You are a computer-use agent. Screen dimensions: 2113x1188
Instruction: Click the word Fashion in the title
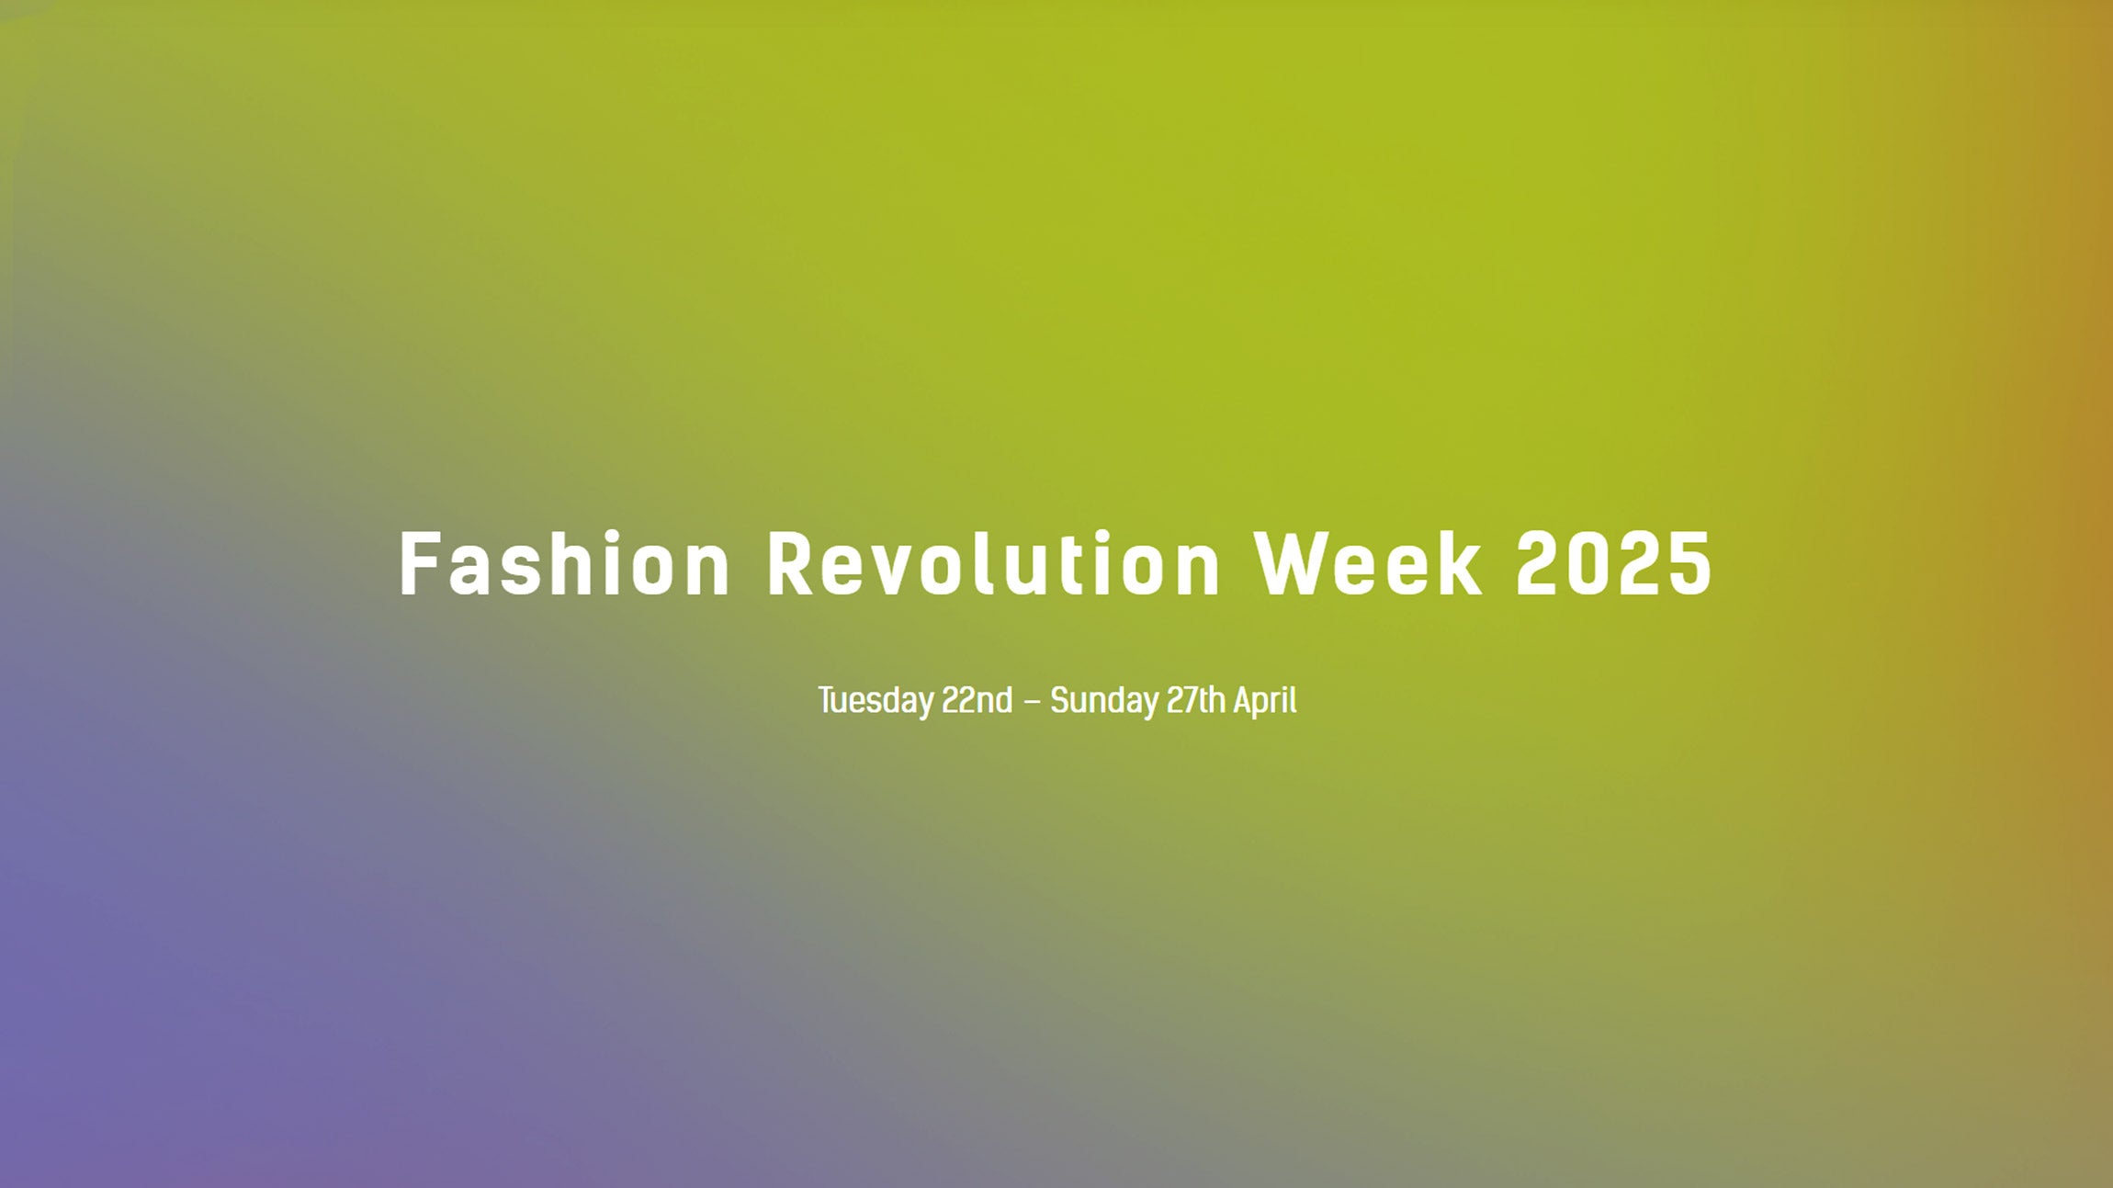coord(564,564)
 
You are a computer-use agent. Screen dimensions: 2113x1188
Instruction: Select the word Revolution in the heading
coord(993,564)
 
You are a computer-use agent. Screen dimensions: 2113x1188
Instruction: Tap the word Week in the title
coord(1369,564)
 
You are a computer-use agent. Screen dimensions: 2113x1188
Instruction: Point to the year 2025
coord(1613,564)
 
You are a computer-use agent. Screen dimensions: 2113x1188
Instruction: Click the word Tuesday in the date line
coord(876,701)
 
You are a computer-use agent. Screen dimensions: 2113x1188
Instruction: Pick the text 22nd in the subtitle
coord(977,700)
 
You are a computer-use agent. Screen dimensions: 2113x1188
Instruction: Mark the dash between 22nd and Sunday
coord(1032,702)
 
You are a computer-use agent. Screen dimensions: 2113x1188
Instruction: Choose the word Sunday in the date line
coord(1104,701)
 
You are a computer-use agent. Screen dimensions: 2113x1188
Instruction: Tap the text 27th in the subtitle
coord(1196,700)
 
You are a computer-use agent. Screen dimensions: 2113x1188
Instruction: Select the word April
coord(1265,701)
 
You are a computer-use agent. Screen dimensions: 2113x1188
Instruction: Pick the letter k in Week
coord(1461,563)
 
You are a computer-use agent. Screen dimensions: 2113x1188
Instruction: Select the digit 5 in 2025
coord(1690,564)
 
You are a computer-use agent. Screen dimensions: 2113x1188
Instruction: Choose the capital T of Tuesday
coord(827,700)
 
